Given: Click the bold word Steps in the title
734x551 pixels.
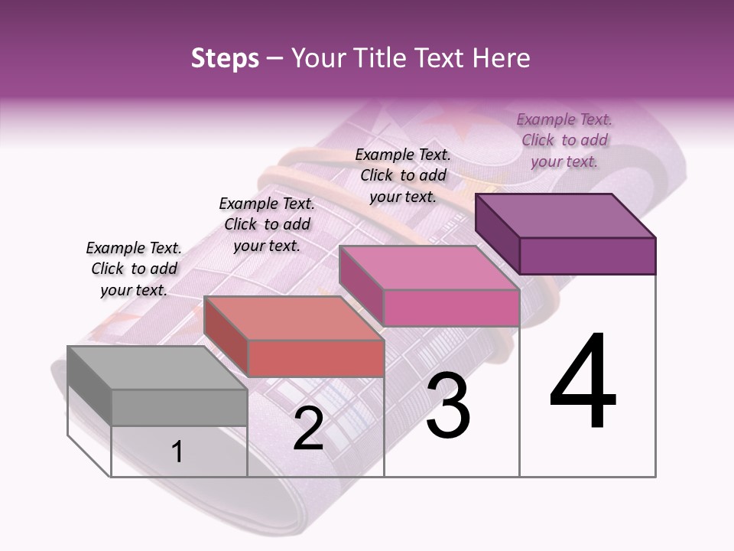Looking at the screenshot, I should [225, 58].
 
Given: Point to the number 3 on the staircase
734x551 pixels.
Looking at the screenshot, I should [448, 406].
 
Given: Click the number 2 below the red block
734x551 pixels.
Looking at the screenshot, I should [308, 429].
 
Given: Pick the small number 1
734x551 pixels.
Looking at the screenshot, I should [177, 452].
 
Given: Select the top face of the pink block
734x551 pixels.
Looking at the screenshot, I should [428, 268].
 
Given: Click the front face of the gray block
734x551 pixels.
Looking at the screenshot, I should [180, 407].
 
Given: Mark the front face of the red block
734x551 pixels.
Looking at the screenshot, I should [316, 358].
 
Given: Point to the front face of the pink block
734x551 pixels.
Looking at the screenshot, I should [451, 308].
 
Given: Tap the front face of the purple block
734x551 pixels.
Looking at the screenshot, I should [587, 256].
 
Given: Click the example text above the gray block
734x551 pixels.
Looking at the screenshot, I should [134, 269].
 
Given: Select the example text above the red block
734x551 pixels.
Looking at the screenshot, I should [267, 224].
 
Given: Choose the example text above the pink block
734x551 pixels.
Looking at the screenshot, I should [403, 175].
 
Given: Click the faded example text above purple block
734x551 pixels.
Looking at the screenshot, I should [564, 140].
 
